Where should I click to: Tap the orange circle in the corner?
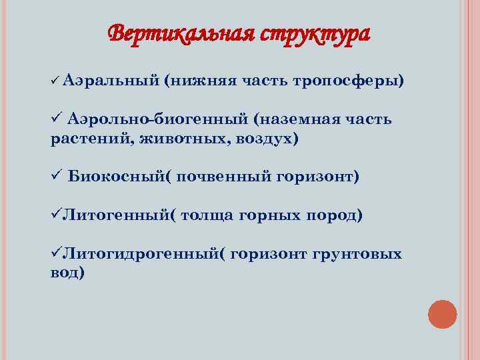[442, 314]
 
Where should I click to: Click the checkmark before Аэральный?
[55, 81]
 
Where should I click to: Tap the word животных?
[170, 139]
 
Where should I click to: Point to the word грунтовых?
[360, 254]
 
